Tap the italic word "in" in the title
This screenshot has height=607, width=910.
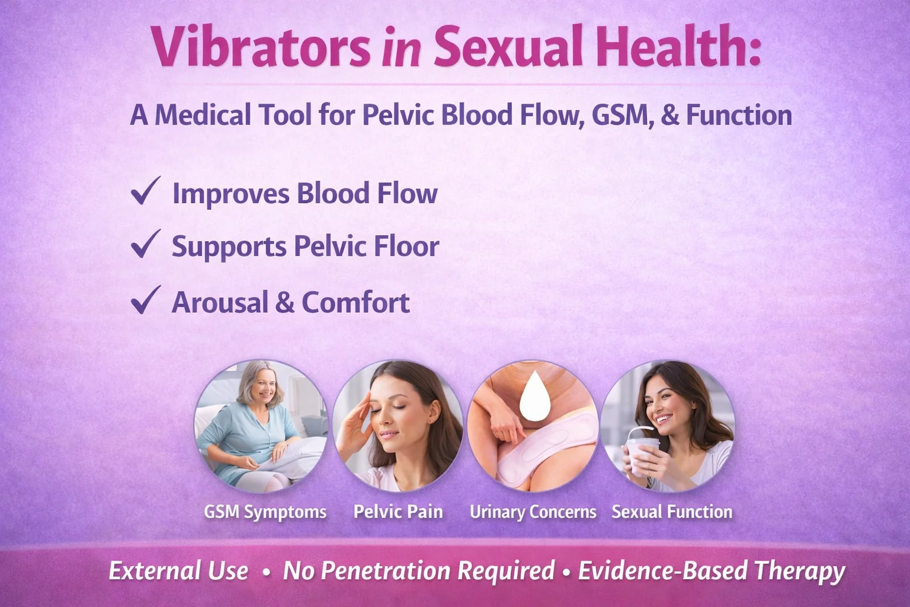[401, 49]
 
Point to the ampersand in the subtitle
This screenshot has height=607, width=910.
[669, 115]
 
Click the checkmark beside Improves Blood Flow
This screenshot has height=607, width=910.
[145, 191]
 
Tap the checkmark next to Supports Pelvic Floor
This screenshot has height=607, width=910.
[145, 244]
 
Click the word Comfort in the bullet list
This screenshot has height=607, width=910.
[355, 302]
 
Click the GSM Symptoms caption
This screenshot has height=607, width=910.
[265, 512]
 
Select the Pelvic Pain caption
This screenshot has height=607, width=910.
[398, 512]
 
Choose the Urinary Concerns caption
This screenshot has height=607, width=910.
[533, 512]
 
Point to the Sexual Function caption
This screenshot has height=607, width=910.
[671, 512]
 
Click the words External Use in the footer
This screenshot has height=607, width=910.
[178, 570]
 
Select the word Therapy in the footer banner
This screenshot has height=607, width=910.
[799, 570]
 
